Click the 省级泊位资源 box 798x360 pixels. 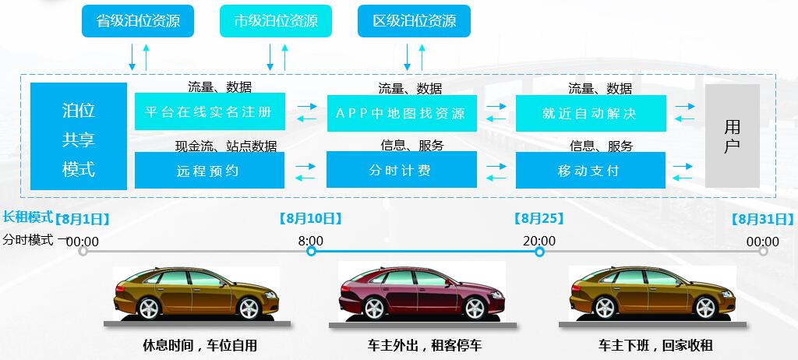point(138,21)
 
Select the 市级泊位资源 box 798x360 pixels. point(276,21)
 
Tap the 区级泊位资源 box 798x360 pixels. point(414,21)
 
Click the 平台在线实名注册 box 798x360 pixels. point(210,112)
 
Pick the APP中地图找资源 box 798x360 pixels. point(401,113)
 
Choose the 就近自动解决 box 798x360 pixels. point(590,113)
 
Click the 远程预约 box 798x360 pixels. point(210,170)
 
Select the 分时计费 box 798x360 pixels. point(401,170)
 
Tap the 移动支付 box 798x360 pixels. point(590,170)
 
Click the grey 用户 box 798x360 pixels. point(732,136)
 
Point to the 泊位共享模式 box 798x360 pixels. point(79,136)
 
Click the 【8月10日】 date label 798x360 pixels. point(310,219)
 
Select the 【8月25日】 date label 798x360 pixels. point(539,219)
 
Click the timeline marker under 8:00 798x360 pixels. point(311,251)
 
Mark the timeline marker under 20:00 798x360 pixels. point(539,251)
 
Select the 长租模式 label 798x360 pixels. point(27,217)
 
